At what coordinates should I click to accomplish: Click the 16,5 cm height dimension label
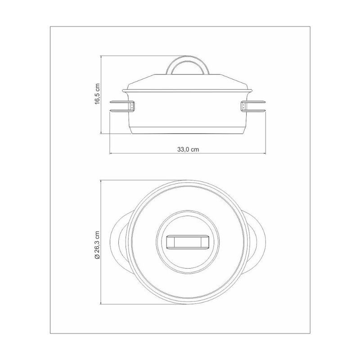[x=98, y=94]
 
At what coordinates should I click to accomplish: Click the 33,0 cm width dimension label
[x=188, y=149]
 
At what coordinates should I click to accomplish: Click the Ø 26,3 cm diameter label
[x=98, y=245]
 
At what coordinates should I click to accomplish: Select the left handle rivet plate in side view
[x=132, y=106]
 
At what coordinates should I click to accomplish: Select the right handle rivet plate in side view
[x=243, y=106]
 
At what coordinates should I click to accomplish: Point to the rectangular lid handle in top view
[x=187, y=242]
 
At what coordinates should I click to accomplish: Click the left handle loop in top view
[x=114, y=242]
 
